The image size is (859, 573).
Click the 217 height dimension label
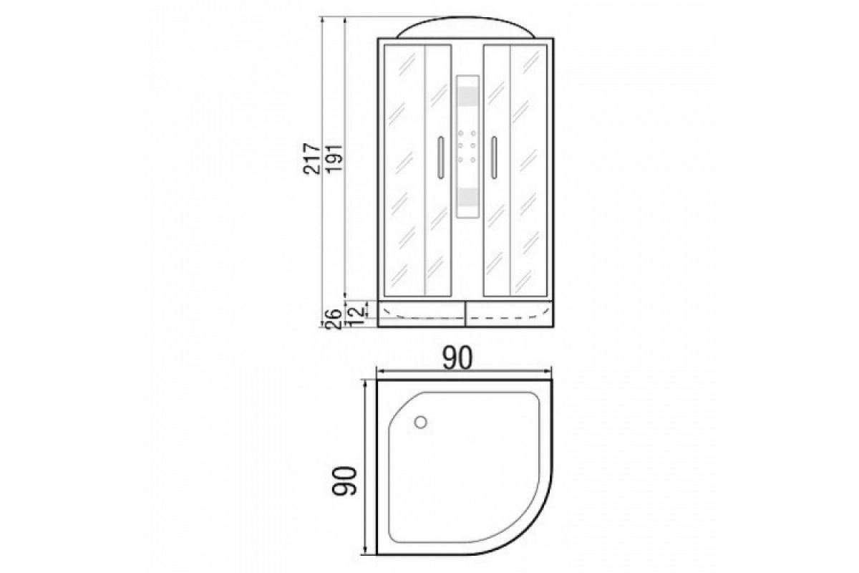point(312,159)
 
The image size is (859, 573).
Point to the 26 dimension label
point(334,319)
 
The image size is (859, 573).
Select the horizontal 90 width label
point(457,358)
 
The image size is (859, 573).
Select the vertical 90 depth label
point(344,481)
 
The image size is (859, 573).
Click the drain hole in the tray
point(421,423)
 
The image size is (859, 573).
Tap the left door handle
point(441,158)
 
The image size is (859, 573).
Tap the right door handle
point(495,158)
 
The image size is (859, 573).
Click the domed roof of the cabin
point(465,27)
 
